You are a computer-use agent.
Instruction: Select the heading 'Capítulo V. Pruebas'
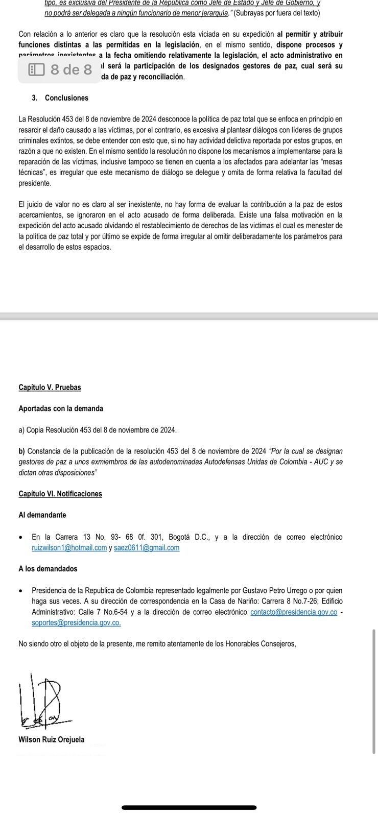point(50,387)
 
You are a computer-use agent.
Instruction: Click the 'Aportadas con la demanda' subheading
point(61,408)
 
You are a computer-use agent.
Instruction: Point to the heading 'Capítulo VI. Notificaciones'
point(60,494)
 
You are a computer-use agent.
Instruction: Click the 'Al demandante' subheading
point(42,515)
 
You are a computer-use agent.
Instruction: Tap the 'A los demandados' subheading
point(48,569)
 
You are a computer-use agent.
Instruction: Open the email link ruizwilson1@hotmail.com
point(69,548)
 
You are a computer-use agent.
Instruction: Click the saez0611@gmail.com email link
point(147,548)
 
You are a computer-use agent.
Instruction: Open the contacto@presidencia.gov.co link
point(294,612)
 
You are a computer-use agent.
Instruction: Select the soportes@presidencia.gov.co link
point(76,622)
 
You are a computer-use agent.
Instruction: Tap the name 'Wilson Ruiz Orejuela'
point(52,739)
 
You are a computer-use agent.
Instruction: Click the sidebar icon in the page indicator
point(36,69)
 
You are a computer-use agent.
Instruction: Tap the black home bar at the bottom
point(189,807)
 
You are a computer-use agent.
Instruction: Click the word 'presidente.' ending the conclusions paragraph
point(35,183)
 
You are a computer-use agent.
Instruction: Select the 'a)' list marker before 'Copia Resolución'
point(21,430)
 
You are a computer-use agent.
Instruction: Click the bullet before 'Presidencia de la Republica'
point(20,591)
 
